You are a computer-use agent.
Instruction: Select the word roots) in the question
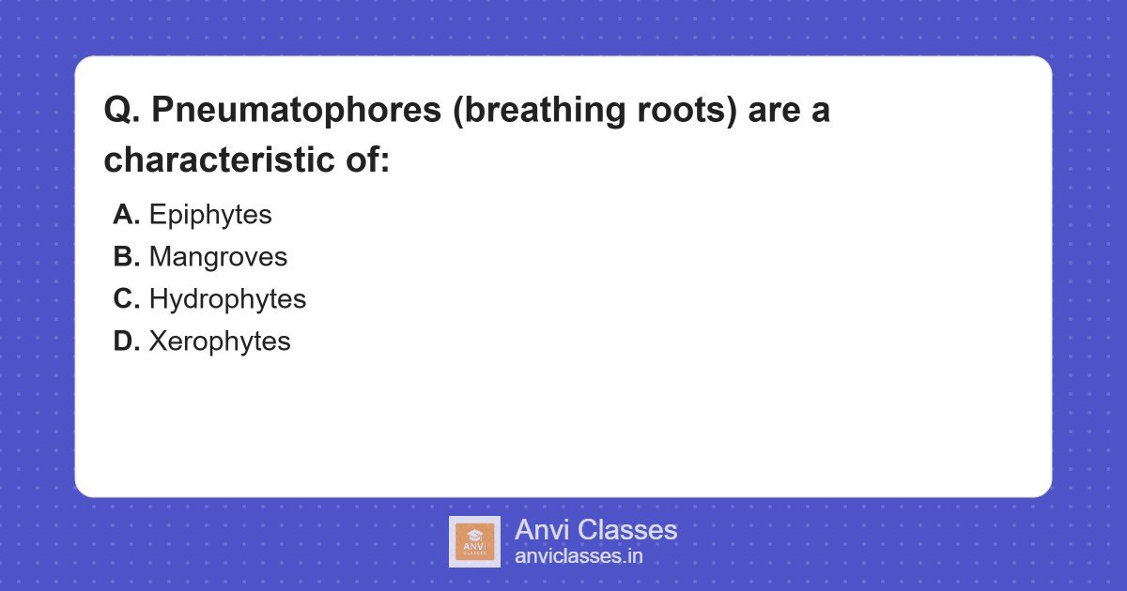pyautogui.click(x=694, y=111)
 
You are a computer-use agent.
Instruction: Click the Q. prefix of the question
pyautogui.click(x=122, y=111)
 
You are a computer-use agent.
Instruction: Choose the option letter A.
pyautogui.click(x=126, y=215)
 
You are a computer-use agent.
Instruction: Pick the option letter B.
pyautogui.click(x=126, y=257)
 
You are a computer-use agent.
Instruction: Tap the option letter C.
pyautogui.click(x=126, y=299)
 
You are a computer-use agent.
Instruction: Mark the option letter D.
pyautogui.click(x=126, y=341)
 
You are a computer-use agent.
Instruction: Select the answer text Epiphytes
pyautogui.click(x=210, y=215)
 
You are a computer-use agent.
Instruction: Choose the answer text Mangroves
pyautogui.click(x=218, y=257)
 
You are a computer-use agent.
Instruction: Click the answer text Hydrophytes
pyautogui.click(x=227, y=299)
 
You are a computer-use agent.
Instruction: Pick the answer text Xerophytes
pyautogui.click(x=220, y=341)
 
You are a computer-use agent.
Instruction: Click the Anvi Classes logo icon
pyautogui.click(x=474, y=541)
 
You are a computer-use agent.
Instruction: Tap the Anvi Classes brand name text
pyautogui.click(x=595, y=530)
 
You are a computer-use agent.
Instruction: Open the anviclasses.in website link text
pyautogui.click(x=579, y=556)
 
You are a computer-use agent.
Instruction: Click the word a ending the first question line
pyautogui.click(x=821, y=111)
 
